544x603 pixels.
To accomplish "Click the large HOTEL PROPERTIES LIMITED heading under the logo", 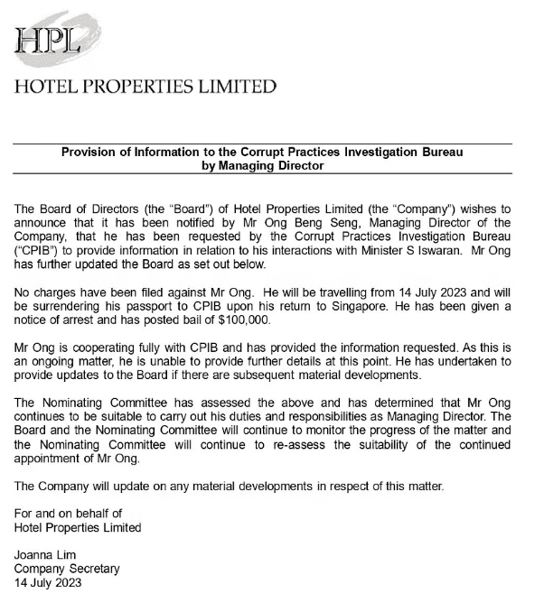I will coord(145,88).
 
